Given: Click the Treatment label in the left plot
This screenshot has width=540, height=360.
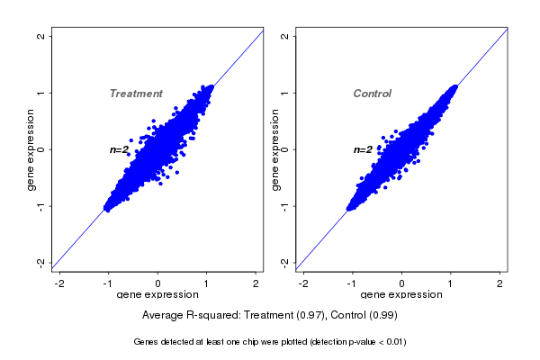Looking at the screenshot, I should (136, 94).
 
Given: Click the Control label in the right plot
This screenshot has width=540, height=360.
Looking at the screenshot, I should (372, 94).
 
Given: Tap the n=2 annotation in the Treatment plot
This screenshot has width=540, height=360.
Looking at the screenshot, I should (120, 149).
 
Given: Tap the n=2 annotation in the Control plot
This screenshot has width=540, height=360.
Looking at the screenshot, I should (363, 149).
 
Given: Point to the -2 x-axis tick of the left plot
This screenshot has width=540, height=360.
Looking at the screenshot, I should (59, 283).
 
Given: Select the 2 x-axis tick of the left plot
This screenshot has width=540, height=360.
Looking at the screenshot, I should (256, 283).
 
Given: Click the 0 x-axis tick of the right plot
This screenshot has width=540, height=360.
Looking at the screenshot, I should (401, 283).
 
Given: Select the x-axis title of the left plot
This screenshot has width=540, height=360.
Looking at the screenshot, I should (157, 295).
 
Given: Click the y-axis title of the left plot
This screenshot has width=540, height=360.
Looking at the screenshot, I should (31, 149).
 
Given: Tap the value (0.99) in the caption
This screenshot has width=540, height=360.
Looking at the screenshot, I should (381, 315).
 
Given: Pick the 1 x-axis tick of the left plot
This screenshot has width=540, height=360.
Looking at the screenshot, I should (207, 283).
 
